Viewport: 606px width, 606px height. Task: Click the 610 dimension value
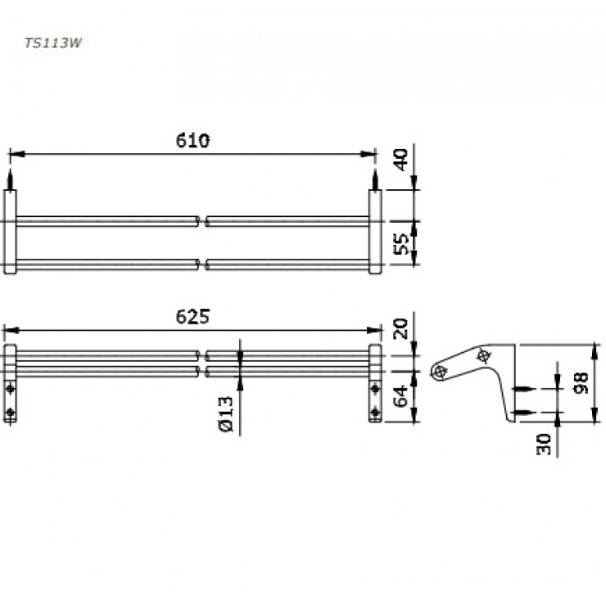192,140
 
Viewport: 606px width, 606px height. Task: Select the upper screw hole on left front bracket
10,387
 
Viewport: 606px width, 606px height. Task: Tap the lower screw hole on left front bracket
10,412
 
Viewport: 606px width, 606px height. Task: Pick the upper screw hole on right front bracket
375,387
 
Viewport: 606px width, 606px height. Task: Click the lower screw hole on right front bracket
375,412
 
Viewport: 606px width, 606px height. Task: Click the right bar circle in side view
483,355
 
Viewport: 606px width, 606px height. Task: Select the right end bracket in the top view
375,233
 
